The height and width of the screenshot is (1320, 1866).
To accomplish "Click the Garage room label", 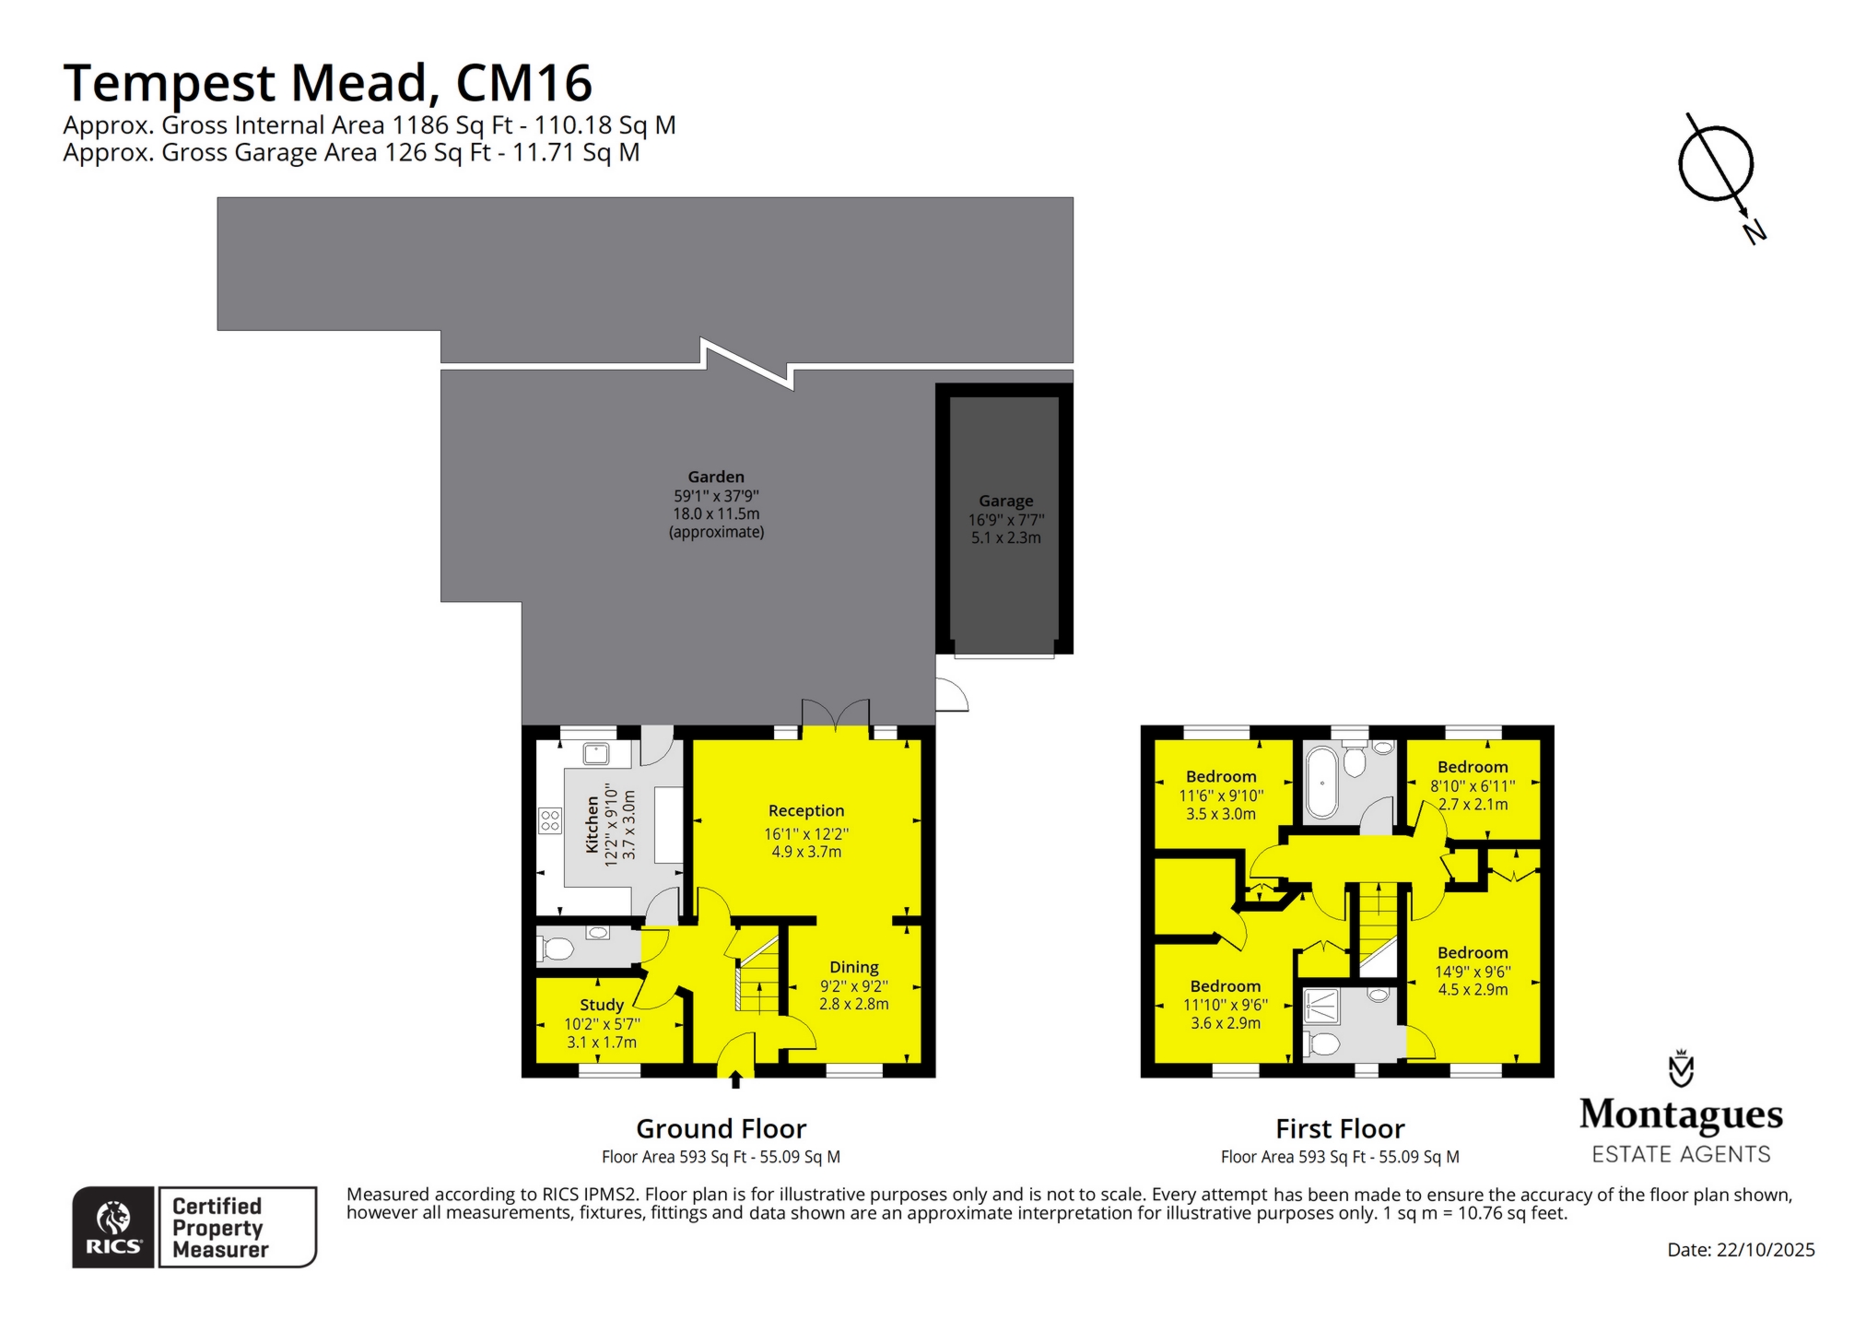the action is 1005,501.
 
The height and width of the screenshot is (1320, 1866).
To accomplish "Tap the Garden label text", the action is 716,477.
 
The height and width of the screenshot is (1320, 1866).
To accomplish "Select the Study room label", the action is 602,1005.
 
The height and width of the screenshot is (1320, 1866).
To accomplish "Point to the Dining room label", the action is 854,967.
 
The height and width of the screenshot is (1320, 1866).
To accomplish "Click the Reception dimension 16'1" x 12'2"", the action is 806,833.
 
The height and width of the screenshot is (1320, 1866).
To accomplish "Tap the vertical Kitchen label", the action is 593,825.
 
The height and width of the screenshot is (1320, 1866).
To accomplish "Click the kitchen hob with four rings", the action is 550,820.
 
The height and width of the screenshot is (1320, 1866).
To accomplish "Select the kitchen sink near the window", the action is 596,754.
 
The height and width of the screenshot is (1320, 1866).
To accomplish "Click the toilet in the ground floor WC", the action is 557,949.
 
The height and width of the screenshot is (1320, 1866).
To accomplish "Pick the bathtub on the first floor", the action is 1321,783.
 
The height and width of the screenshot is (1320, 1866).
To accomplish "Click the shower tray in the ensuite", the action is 1323,1006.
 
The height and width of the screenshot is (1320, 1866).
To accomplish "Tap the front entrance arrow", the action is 735,1078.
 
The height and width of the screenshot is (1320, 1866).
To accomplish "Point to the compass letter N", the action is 1755,230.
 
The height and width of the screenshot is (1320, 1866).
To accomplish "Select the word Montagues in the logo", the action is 1681,1115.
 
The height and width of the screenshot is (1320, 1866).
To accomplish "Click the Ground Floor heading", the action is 721,1128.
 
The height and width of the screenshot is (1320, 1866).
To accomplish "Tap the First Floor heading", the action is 1340,1128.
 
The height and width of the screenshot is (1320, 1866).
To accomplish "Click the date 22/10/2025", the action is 1765,1250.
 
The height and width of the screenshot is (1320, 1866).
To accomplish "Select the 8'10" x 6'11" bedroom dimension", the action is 1473,785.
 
